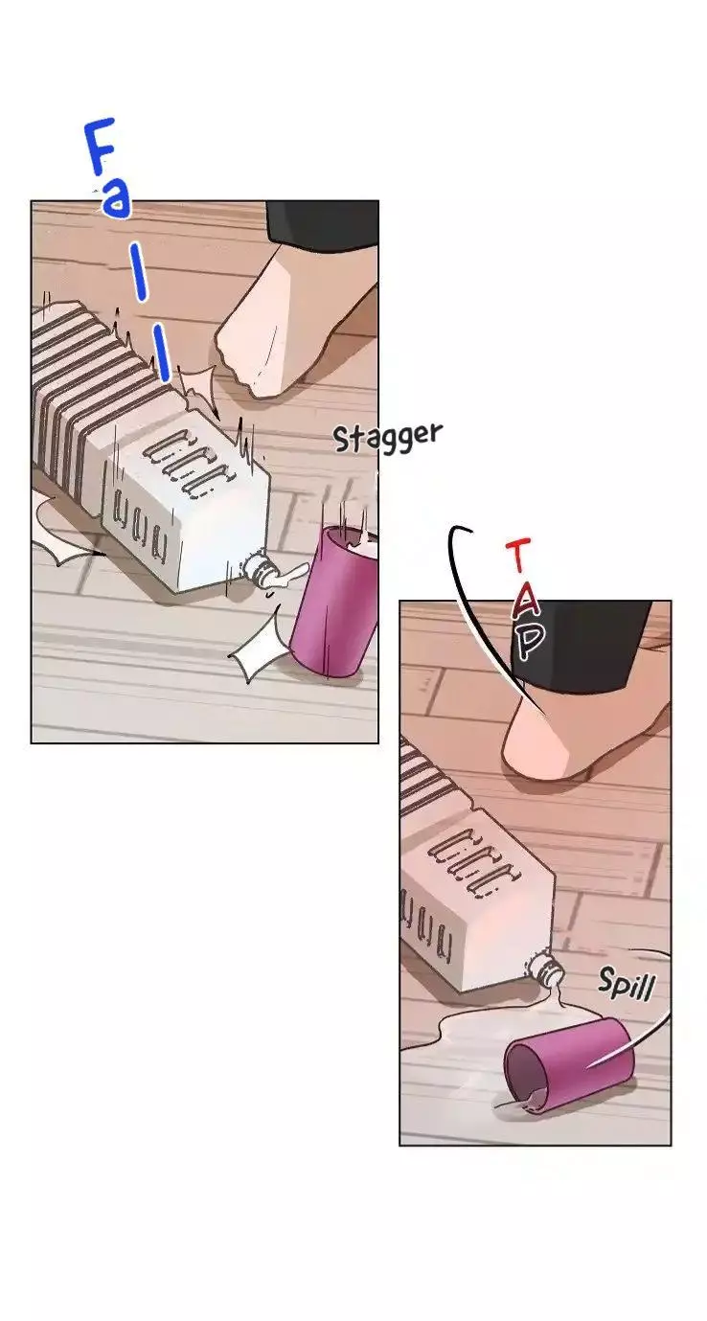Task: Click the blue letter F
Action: pyautogui.click(x=99, y=148)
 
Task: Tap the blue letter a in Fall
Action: pyautogui.click(x=115, y=199)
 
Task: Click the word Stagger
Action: pyautogui.click(x=387, y=437)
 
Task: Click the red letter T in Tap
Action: pyautogui.click(x=517, y=555)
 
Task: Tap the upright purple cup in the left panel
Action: pyautogui.click(x=335, y=601)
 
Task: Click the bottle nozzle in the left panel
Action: pyautogui.click(x=261, y=569)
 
